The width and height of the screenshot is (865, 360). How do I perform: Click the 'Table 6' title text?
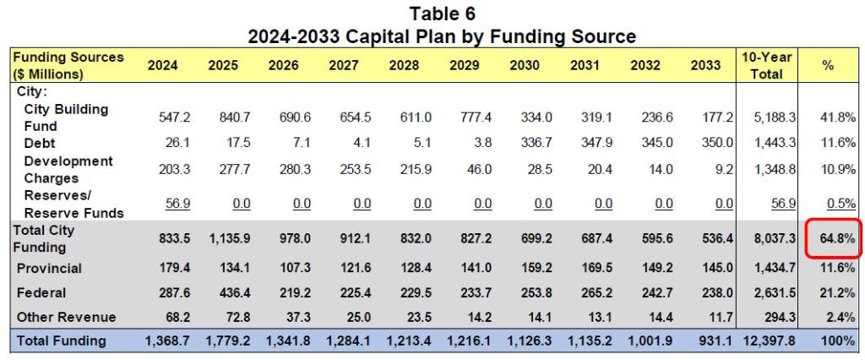(x=442, y=14)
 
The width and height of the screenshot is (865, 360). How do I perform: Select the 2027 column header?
(x=343, y=65)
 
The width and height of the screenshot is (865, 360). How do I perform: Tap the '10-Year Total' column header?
(x=766, y=65)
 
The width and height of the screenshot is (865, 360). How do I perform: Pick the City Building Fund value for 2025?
(x=222, y=117)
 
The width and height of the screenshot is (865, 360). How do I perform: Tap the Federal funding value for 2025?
(x=222, y=293)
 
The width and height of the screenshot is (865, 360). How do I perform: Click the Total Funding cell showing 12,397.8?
(x=765, y=341)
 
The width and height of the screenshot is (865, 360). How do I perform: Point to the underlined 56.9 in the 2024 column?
(x=162, y=204)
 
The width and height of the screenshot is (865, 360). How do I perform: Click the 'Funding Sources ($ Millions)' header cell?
(x=68, y=65)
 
